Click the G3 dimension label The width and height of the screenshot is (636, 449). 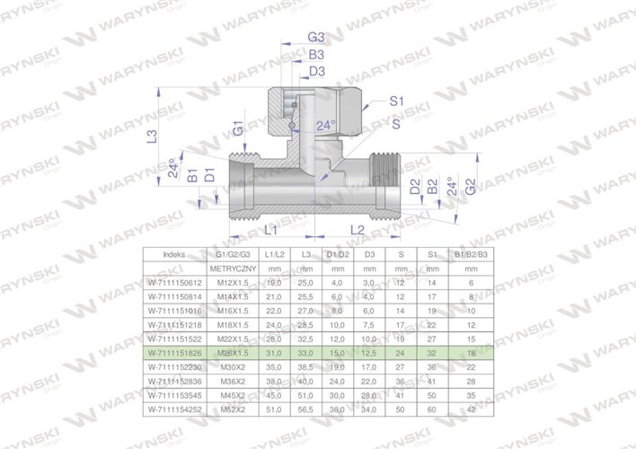(x=315, y=38)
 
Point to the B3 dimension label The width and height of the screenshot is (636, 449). (x=315, y=55)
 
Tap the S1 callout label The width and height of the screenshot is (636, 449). (x=396, y=104)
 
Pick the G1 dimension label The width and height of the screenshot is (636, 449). (x=238, y=131)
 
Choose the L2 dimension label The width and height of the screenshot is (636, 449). (x=357, y=231)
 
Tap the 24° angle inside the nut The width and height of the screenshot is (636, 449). (x=328, y=126)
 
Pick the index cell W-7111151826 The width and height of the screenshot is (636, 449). (x=173, y=354)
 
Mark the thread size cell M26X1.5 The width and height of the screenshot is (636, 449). (x=234, y=354)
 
